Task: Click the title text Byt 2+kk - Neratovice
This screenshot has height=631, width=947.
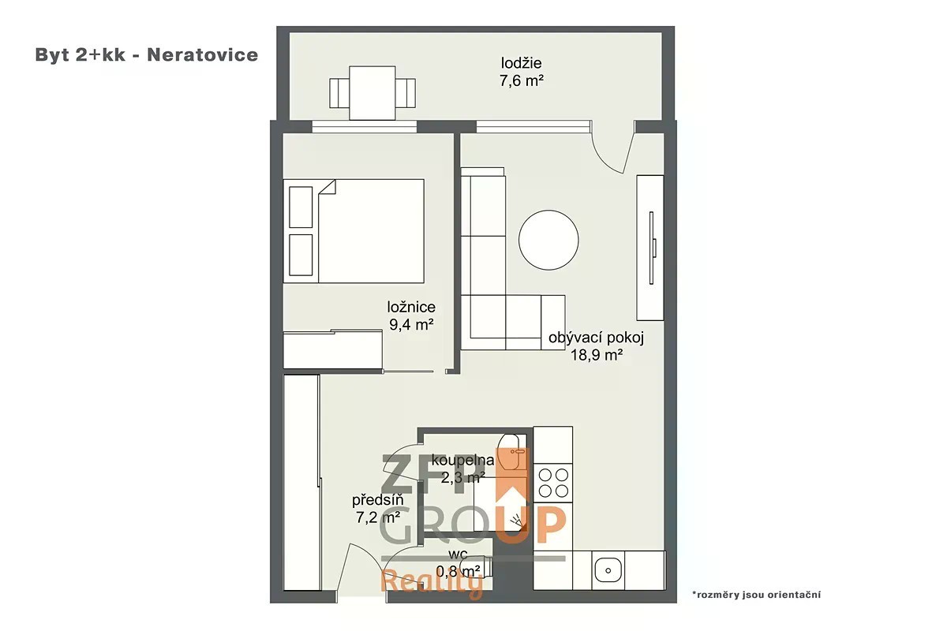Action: point(146,55)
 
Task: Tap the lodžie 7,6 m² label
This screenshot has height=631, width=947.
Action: point(522,72)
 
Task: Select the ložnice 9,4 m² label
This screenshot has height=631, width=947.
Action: point(411,315)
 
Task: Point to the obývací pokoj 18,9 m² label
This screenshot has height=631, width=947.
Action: point(596,346)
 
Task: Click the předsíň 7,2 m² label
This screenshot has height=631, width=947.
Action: point(377,509)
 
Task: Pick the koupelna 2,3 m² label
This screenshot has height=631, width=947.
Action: point(462,469)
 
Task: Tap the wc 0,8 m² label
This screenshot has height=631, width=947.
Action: point(459,563)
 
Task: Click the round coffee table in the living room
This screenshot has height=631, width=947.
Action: point(548,240)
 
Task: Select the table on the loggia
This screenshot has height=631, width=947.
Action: point(372,92)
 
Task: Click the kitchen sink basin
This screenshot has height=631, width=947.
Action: point(608,570)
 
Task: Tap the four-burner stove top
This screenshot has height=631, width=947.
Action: point(553,483)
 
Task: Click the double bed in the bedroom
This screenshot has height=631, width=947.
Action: point(354,231)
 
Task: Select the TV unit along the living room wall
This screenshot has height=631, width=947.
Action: point(649,248)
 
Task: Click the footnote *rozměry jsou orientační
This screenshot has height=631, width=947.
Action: point(756,594)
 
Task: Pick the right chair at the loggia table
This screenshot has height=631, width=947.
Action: point(405,93)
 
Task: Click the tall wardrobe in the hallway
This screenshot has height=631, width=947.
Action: point(301,482)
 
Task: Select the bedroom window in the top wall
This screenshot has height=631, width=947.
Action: point(365,126)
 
